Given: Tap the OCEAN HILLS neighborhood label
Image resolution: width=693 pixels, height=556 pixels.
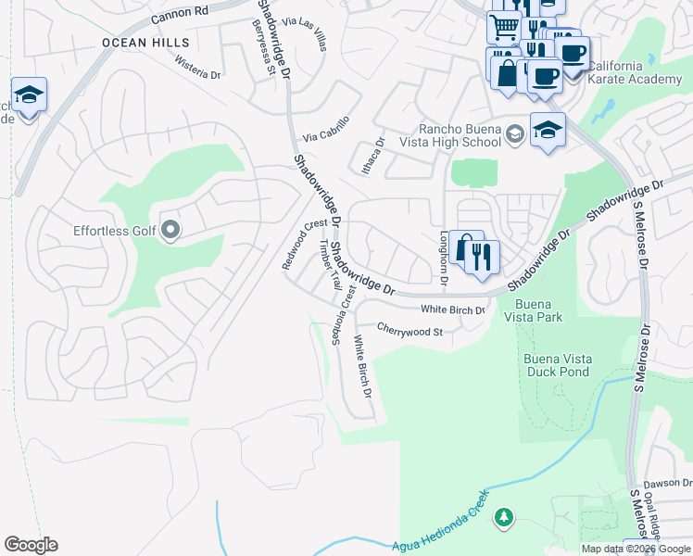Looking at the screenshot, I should [145, 43].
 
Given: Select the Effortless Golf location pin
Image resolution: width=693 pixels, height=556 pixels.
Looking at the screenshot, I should [170, 229].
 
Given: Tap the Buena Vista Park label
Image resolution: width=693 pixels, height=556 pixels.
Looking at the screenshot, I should [533, 310].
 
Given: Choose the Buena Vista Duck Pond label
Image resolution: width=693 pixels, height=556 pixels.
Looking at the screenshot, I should [556, 365].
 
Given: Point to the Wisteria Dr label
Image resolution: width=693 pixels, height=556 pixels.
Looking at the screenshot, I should [197, 67].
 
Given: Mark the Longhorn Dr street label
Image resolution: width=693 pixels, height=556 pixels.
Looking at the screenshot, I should [444, 258].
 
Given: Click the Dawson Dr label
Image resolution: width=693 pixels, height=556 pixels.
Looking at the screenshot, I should [668, 483].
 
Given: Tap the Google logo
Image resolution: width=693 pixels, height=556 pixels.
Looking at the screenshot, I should [31, 545].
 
